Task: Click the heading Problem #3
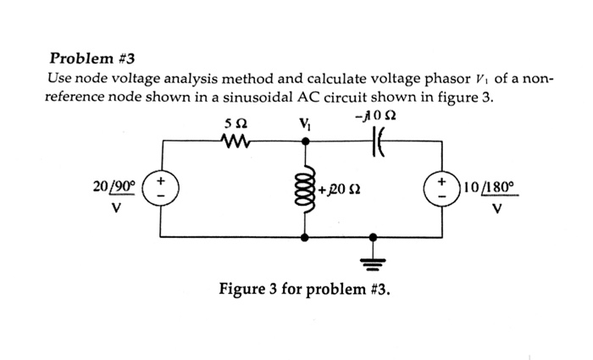tap(92, 59)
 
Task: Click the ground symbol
tap(370, 260)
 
